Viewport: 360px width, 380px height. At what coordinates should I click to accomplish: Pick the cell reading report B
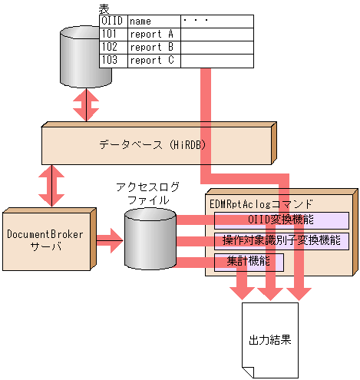click(x=154, y=47)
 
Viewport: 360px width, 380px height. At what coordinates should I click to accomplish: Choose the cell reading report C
click(x=154, y=59)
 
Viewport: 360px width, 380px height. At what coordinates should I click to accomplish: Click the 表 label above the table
click(x=104, y=8)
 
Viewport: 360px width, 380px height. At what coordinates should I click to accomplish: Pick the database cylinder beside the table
click(x=80, y=58)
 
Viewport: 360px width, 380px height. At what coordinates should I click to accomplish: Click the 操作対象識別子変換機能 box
click(x=281, y=241)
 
